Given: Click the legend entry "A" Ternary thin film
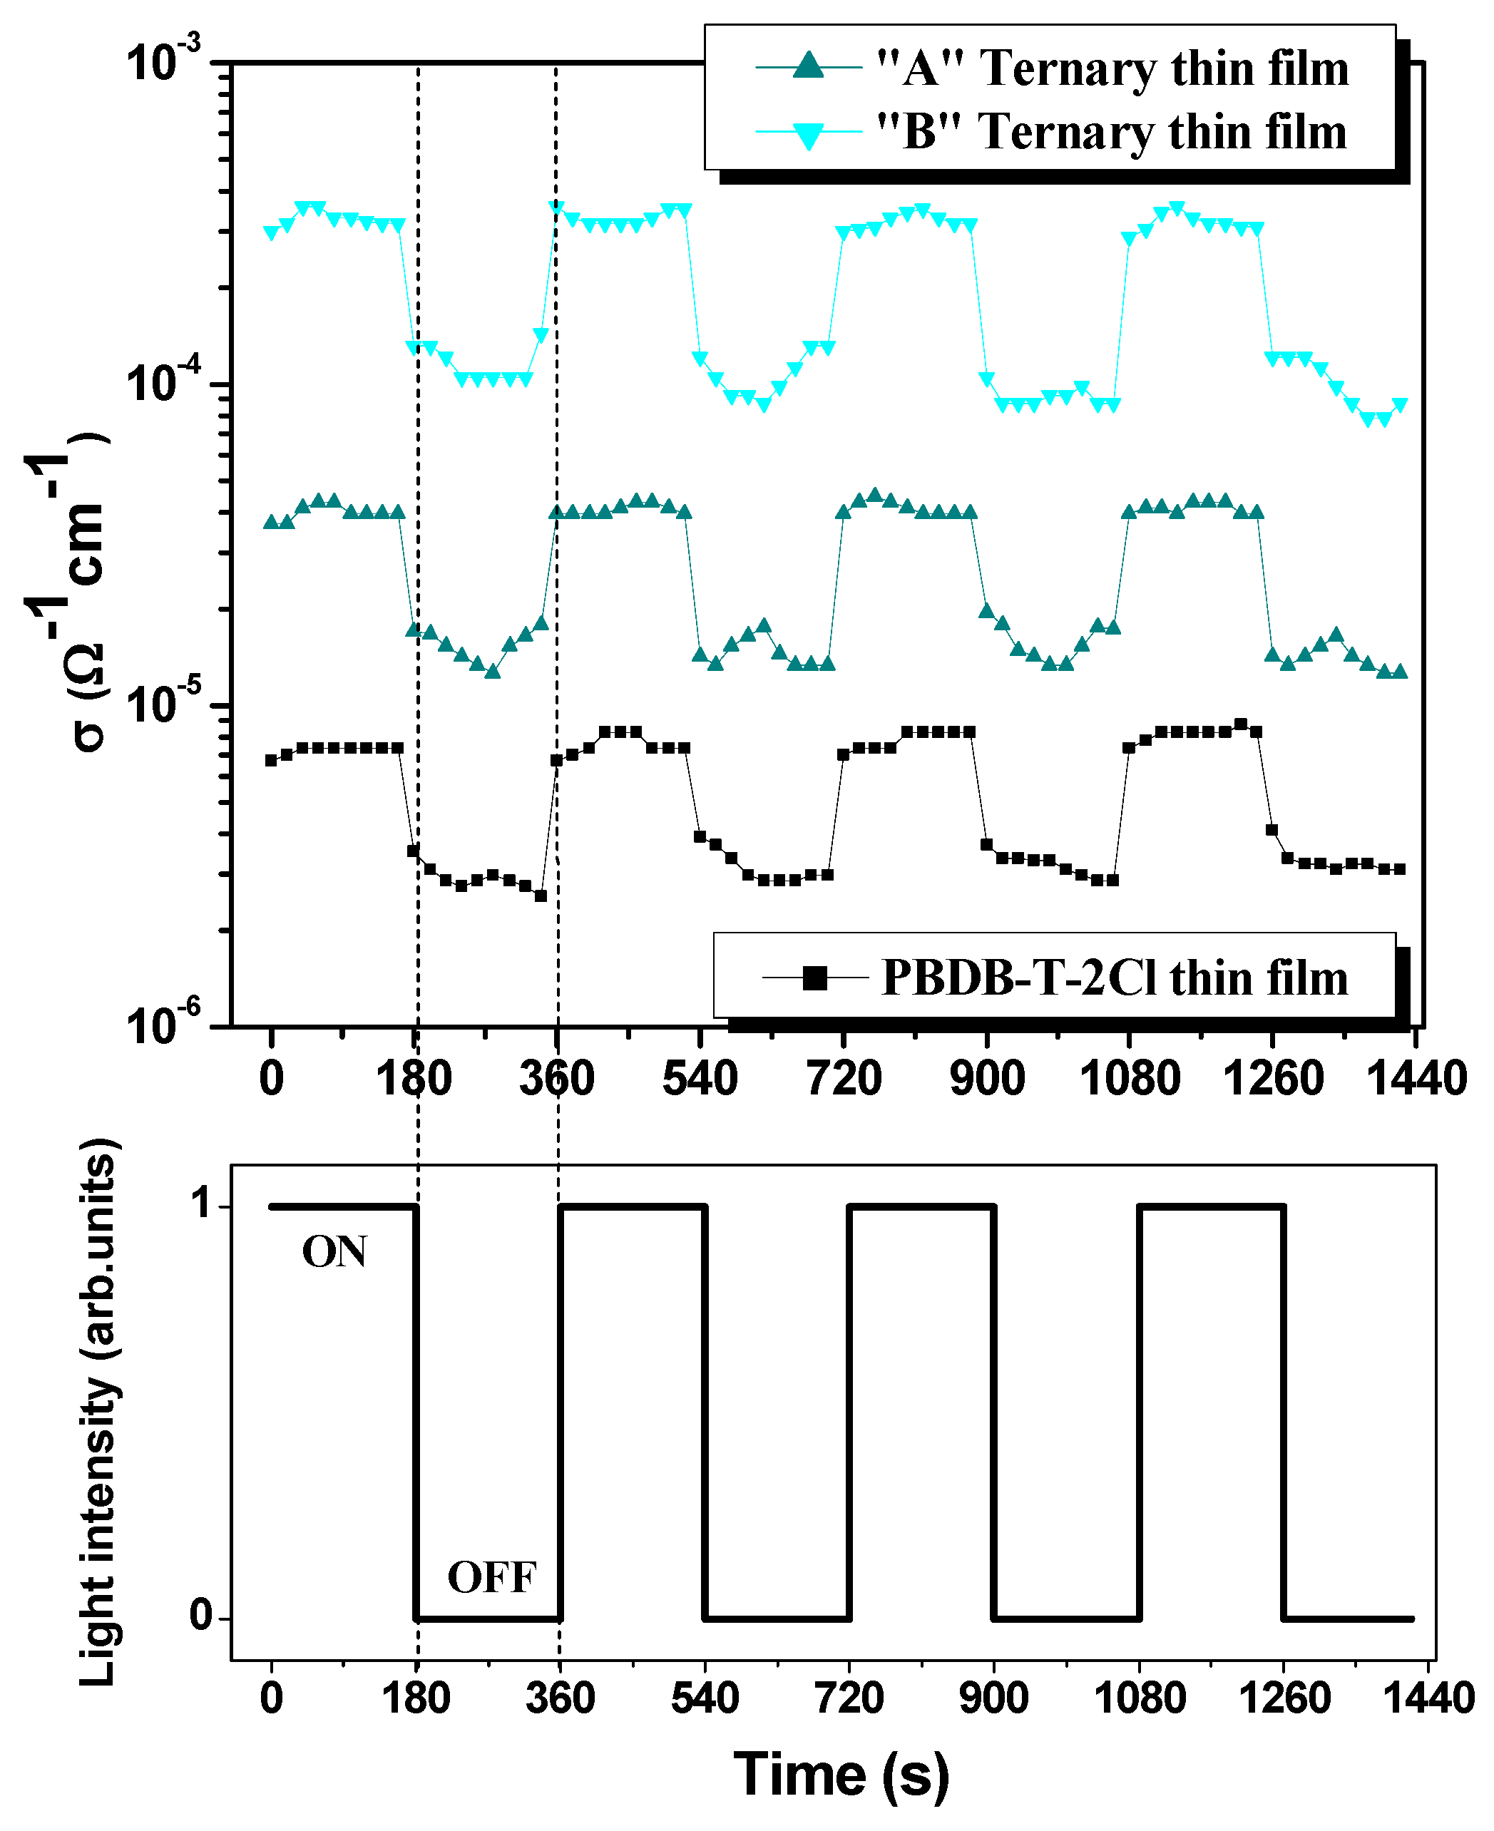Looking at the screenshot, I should (x=1112, y=69).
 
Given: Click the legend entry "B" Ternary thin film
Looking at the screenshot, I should (x=1112, y=133).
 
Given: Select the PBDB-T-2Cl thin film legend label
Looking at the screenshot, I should (x=1115, y=978).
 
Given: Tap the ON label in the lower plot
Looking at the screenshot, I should (x=334, y=1252).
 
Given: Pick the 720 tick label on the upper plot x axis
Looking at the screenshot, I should (x=844, y=1079).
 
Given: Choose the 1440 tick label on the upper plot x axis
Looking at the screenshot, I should (x=1416, y=1079).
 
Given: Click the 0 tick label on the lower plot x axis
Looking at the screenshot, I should (x=271, y=1698).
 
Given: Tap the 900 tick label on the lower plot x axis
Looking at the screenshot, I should (x=993, y=1698).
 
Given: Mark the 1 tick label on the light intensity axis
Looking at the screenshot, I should (x=201, y=1204).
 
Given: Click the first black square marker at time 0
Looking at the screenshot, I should (x=271, y=760).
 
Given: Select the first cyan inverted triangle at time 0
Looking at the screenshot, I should (x=271, y=233).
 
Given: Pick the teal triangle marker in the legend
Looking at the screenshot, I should (x=808, y=66).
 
